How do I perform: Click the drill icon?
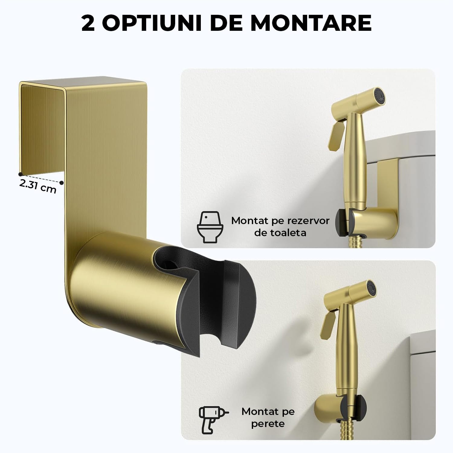click(x=213, y=417)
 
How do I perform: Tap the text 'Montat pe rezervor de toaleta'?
click(x=280, y=226)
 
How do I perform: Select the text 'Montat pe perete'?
click(x=268, y=417)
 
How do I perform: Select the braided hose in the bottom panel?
click(x=345, y=429)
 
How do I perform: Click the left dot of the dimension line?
click(x=20, y=174)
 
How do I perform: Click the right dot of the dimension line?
click(x=62, y=182)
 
